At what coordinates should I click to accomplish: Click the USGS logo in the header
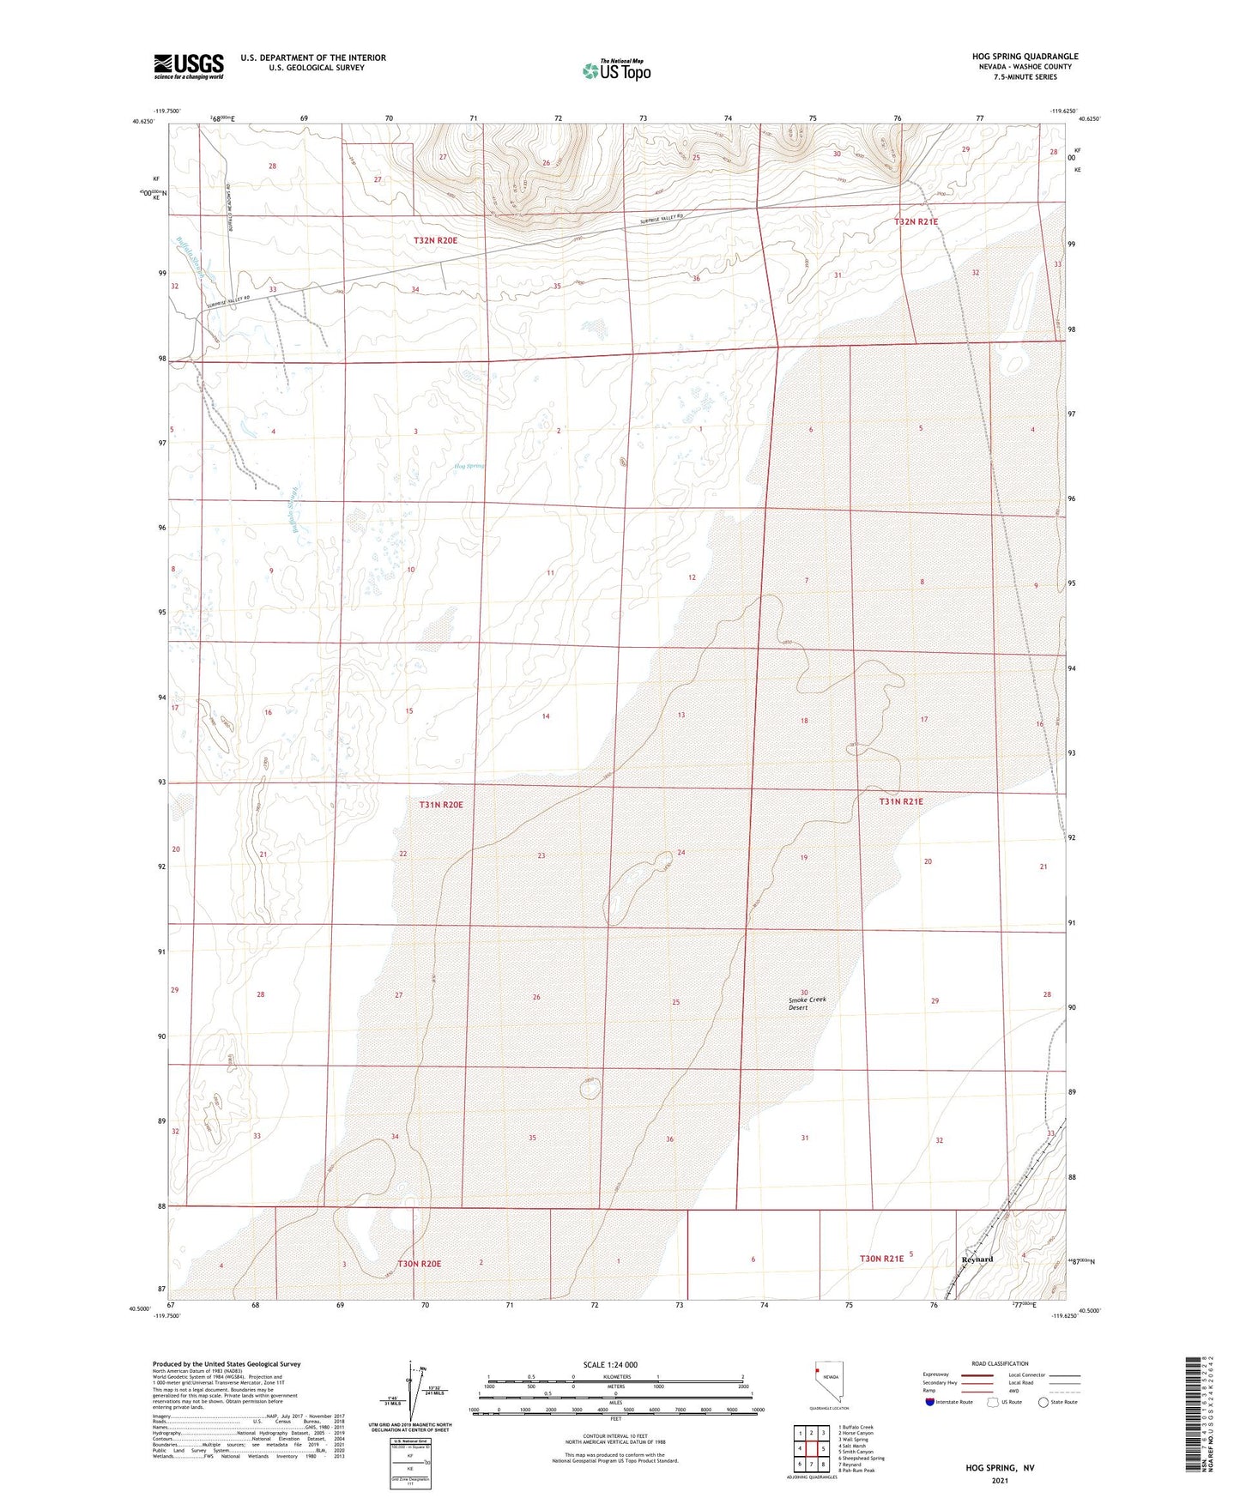pyautogui.click(x=189, y=66)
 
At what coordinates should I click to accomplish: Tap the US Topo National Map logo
pyautogui.click(x=615, y=69)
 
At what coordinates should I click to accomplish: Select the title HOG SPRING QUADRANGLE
pyautogui.click(x=1019, y=57)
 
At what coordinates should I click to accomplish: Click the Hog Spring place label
pyautogui.click(x=469, y=466)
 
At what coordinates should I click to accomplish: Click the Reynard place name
pyautogui.click(x=977, y=1259)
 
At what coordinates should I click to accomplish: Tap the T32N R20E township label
pyautogui.click(x=435, y=241)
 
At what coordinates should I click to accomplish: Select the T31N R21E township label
pyautogui.click(x=901, y=801)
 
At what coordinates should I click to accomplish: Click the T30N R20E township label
pyautogui.click(x=419, y=1264)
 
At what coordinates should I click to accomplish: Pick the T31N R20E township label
pyautogui.click(x=441, y=805)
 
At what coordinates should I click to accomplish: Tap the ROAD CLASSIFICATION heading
pyautogui.click(x=1000, y=1363)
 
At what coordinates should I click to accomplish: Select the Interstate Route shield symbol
pyautogui.click(x=929, y=1402)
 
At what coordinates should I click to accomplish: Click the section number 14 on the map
pyautogui.click(x=546, y=716)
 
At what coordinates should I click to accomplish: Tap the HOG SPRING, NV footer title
pyautogui.click(x=1000, y=1468)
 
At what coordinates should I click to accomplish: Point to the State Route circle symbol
pyautogui.click(x=1043, y=1402)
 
